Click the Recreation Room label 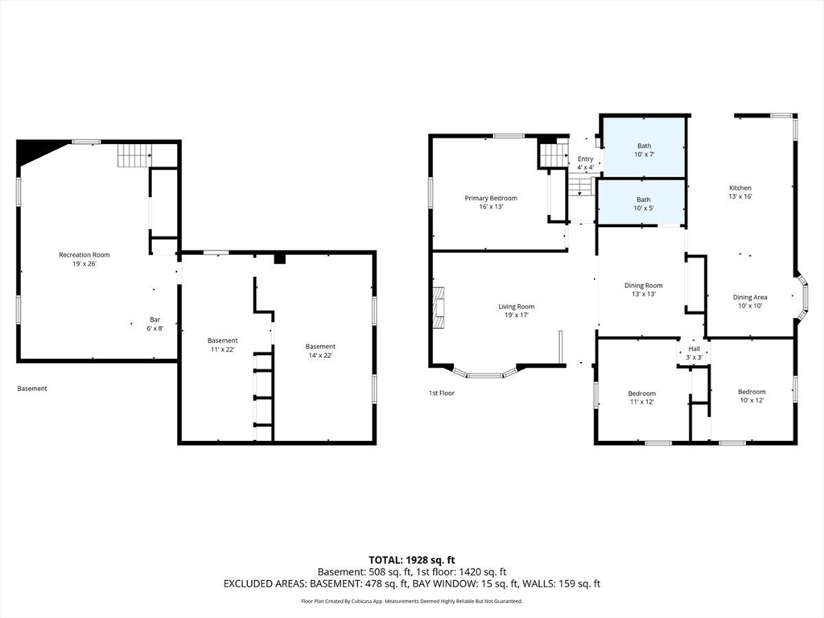[84, 259]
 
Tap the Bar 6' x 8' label [155, 323]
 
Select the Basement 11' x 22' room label [222, 344]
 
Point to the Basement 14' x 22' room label [320, 351]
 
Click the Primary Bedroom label [491, 202]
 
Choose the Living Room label [517, 311]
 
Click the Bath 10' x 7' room [644, 147]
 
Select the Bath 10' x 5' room [641, 202]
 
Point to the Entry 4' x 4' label [586, 163]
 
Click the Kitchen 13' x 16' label [740, 192]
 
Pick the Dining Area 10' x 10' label [750, 301]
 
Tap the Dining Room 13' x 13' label [643, 290]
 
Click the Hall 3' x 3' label [694, 352]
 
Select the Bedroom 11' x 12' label [641, 398]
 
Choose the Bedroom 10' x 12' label [752, 396]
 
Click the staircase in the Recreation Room [134, 155]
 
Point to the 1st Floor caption [442, 393]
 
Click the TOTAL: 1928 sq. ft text [408, 560]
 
